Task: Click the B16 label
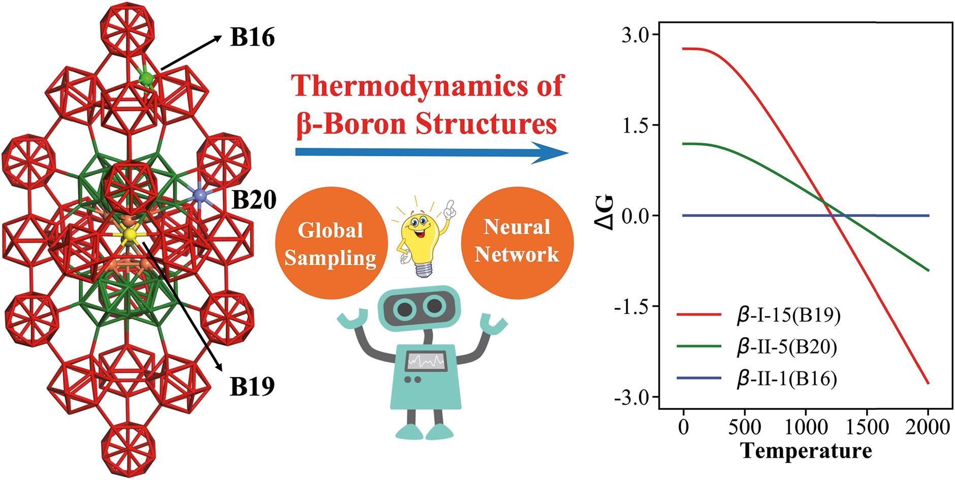(252, 38)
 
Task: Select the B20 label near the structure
(254, 200)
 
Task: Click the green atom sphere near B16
(146, 78)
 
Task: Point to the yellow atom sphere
(130, 234)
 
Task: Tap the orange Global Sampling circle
(330, 244)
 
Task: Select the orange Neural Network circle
(517, 241)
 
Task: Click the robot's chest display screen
(426, 362)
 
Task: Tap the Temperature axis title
(806, 451)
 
